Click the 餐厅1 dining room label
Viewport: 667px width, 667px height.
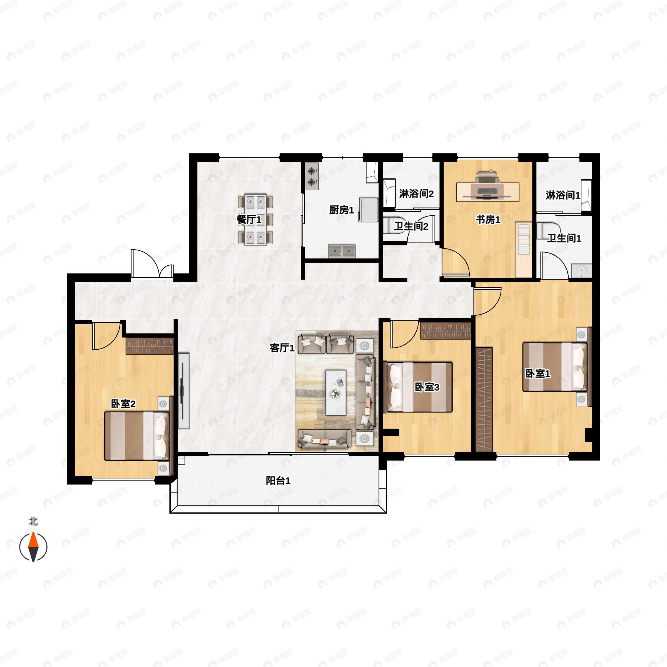[x=249, y=219]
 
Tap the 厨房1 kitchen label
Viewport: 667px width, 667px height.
[x=342, y=210]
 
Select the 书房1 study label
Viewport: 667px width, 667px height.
[x=488, y=219]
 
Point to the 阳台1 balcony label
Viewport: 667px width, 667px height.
[x=278, y=481]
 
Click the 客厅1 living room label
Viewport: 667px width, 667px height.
[x=282, y=348]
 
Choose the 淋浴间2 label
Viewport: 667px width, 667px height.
[x=416, y=194]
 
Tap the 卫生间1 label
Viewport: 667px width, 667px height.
[x=564, y=238]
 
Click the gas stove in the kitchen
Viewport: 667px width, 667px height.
[x=312, y=176]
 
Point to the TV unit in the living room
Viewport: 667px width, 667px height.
[x=184, y=390]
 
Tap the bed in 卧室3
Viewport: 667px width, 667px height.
[x=418, y=387]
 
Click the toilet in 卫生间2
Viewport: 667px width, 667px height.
[x=394, y=225]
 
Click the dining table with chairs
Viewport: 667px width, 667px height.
[x=255, y=220]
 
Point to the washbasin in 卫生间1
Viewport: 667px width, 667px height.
[x=581, y=270]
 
